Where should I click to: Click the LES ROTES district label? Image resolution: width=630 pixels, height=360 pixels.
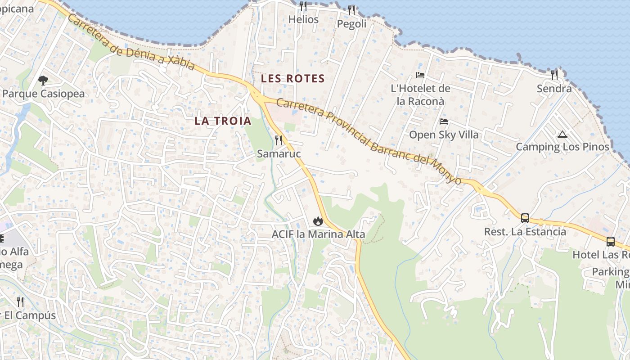pyautogui.click(x=292, y=79)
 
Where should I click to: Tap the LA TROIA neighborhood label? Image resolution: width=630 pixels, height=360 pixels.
pyautogui.click(x=223, y=121)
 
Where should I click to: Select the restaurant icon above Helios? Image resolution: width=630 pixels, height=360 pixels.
pyautogui.click(x=303, y=6)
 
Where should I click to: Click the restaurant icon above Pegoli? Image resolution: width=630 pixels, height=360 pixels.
pyautogui.click(x=351, y=10)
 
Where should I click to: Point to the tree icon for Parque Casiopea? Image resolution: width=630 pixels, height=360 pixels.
pyautogui.click(x=43, y=81)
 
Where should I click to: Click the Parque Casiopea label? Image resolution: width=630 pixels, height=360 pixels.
pyautogui.click(x=43, y=94)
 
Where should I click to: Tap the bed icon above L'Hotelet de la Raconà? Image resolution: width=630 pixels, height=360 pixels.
pyautogui.click(x=420, y=75)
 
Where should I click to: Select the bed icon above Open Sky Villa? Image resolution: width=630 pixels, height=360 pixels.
pyautogui.click(x=444, y=121)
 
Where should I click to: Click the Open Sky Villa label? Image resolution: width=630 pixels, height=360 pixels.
pyautogui.click(x=444, y=135)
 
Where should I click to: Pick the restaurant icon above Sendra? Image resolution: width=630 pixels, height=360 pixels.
pyautogui.click(x=554, y=75)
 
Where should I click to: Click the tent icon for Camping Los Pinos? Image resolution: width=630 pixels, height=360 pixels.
pyautogui.click(x=562, y=134)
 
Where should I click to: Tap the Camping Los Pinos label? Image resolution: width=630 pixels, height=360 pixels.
pyautogui.click(x=562, y=147)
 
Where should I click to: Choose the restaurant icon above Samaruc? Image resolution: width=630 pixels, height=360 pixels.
pyautogui.click(x=279, y=140)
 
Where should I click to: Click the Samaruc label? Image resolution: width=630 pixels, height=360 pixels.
pyautogui.click(x=279, y=154)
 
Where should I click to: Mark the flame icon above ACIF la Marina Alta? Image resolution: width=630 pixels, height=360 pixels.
pyautogui.click(x=318, y=221)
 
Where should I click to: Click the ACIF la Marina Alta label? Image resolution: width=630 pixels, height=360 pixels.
pyautogui.click(x=318, y=234)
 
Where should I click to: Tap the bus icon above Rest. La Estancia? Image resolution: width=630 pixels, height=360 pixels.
pyautogui.click(x=525, y=218)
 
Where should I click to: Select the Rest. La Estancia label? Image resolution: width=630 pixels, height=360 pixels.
pyautogui.click(x=525, y=232)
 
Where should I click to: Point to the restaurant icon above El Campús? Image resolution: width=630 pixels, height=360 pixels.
pyautogui.click(x=20, y=301)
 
